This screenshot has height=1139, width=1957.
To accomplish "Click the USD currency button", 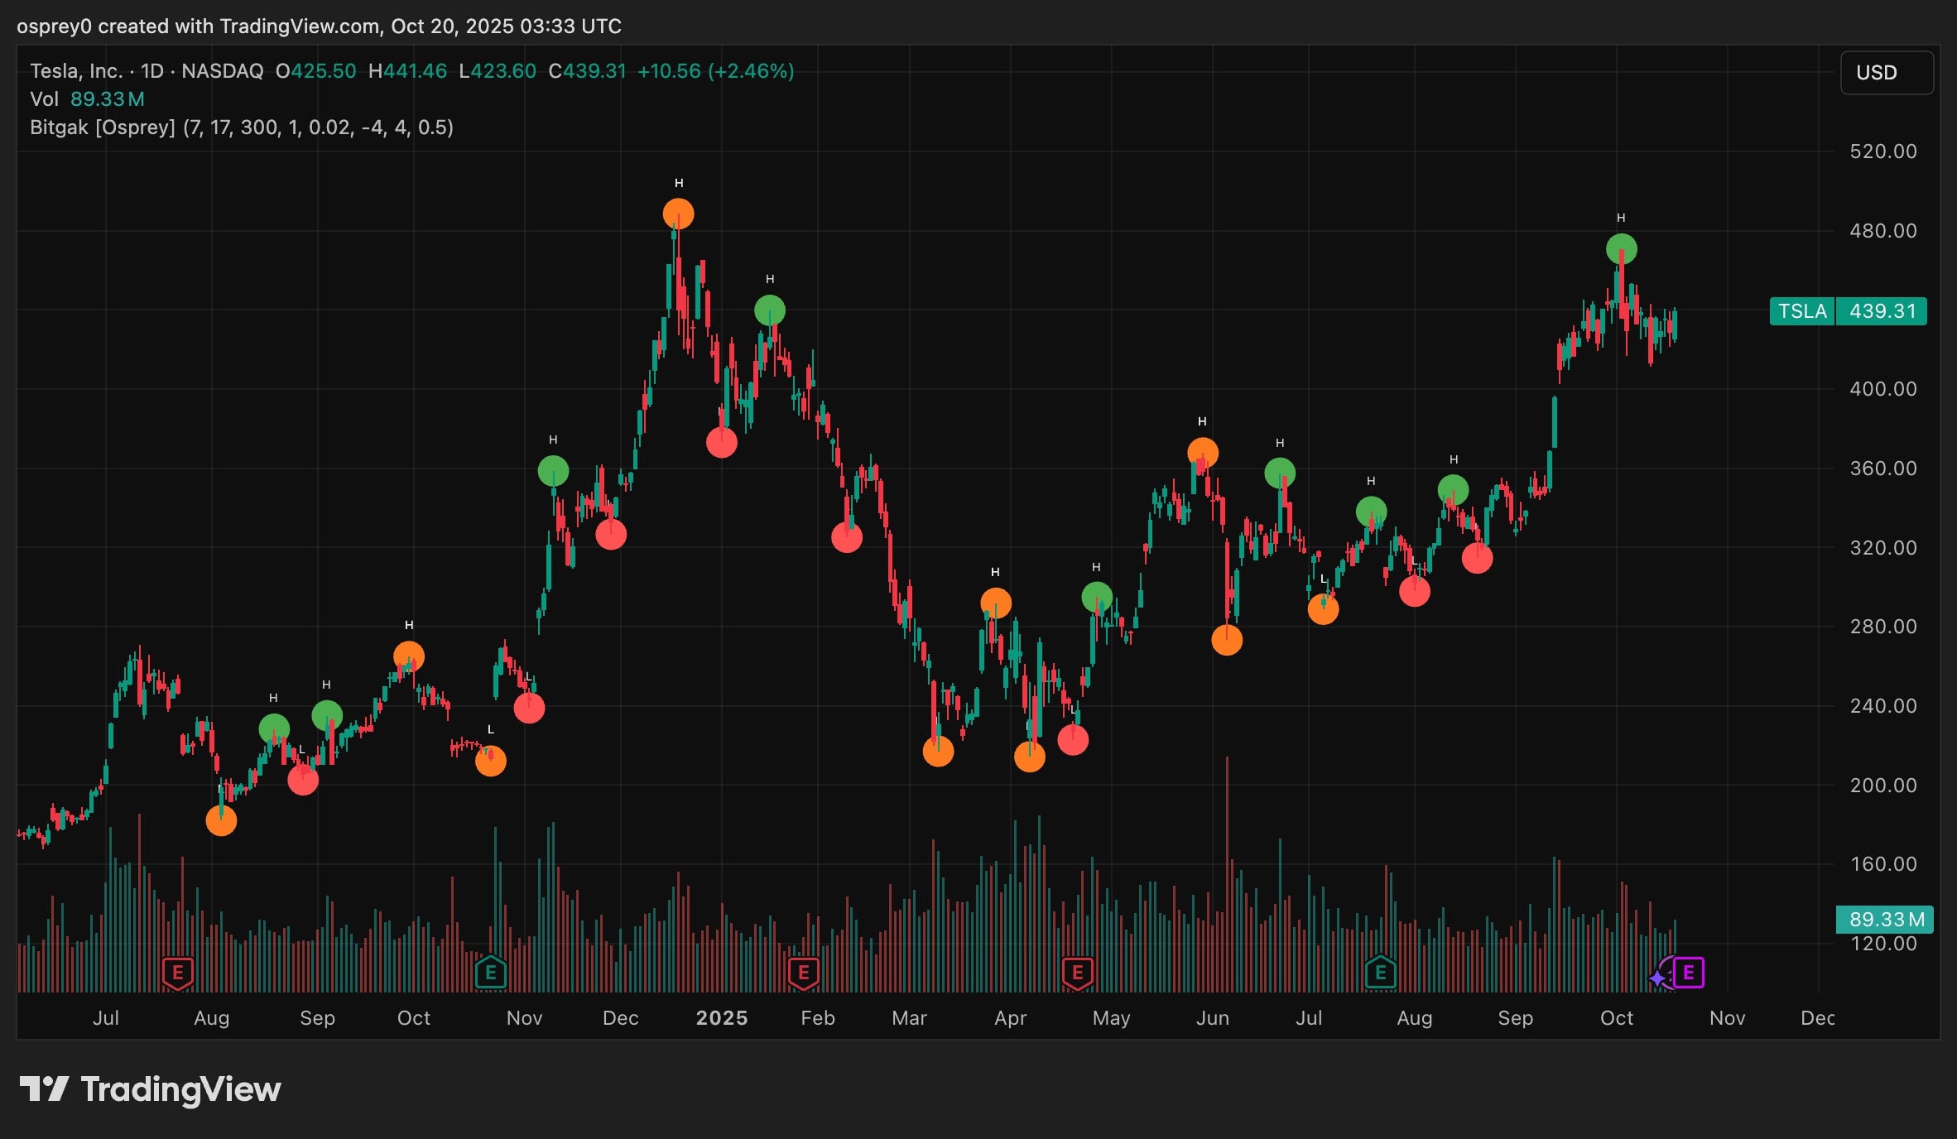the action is pos(1887,73).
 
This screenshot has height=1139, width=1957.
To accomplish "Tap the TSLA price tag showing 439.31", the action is pos(1848,311).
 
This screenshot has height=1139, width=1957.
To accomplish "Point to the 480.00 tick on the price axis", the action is pos(1883,231).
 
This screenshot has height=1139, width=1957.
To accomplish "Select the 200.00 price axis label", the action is pos(1883,785).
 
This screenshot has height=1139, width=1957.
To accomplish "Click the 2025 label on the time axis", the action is pos(722,1018).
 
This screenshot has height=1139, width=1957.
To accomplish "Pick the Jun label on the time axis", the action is pos(1213,1018).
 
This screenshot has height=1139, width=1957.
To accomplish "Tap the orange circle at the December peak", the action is pos(678,214).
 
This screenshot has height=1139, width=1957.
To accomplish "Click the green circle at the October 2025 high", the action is pos(1621,249).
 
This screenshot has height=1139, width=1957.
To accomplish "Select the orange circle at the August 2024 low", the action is pos(221,820).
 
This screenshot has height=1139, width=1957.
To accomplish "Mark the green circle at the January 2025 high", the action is pos(770,310).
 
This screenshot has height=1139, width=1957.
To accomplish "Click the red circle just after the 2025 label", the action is pos(722,443).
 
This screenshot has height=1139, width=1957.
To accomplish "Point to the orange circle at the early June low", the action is pos(1227,640).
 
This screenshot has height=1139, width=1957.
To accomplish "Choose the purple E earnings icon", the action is pos(1689,973).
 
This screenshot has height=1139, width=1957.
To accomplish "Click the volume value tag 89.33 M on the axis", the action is pos(1885,920).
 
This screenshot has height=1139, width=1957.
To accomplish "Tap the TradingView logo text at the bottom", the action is pos(181,1089).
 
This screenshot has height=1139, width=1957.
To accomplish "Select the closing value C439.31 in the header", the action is pos(588,71).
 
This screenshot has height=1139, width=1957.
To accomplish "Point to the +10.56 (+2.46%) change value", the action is pos(716,71).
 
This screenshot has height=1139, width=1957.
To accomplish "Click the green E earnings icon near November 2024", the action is pos(491,973).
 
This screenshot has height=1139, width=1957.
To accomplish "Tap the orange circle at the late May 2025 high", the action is pos(1203,453).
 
